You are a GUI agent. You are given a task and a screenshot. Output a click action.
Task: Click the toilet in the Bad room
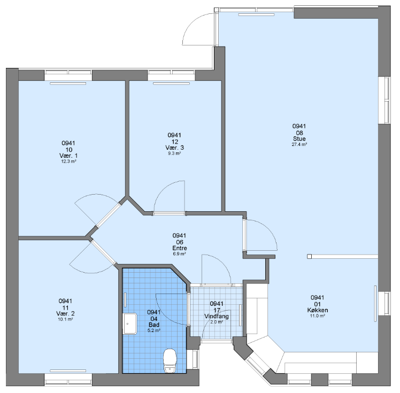[170, 360]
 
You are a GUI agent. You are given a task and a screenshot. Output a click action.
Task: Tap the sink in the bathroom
[130, 323]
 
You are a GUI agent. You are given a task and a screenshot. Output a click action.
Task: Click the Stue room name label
[299, 138]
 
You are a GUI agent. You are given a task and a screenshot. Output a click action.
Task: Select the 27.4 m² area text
[299, 144]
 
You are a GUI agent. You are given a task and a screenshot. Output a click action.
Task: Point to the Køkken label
[318, 310]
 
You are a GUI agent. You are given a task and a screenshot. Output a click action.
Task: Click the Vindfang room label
[217, 316]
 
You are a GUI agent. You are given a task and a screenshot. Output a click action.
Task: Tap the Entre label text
[180, 248]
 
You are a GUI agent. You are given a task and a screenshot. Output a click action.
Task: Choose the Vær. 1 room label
[68, 156]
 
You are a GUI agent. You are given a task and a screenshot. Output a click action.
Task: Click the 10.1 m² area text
[66, 319]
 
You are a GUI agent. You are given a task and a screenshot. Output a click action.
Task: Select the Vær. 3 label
[174, 148]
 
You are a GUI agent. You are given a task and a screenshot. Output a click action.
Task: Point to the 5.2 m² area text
[154, 330]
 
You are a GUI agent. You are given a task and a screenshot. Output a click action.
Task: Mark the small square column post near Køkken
[309, 257]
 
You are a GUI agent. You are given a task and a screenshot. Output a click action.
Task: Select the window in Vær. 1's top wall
[68, 75]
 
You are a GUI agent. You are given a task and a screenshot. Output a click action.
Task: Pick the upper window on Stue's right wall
[384, 100]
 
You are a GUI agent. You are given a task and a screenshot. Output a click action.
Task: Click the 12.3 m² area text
[68, 161]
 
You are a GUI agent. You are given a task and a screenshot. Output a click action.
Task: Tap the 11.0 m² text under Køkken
[318, 315]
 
